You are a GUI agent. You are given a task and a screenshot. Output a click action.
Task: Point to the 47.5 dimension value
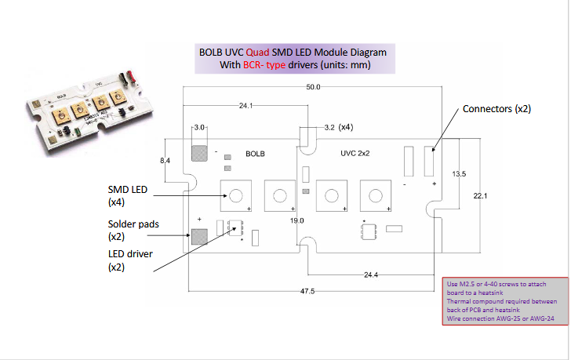click(x=307, y=291)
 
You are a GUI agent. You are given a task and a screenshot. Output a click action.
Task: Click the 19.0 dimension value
click(x=297, y=221)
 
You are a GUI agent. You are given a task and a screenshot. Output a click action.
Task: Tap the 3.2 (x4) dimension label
click(x=338, y=126)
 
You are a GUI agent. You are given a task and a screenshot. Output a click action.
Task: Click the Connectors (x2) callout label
click(x=496, y=109)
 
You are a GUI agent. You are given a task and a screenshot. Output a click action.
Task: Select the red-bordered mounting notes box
click(x=501, y=301)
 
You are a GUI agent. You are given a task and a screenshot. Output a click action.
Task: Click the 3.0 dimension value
click(x=199, y=126)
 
